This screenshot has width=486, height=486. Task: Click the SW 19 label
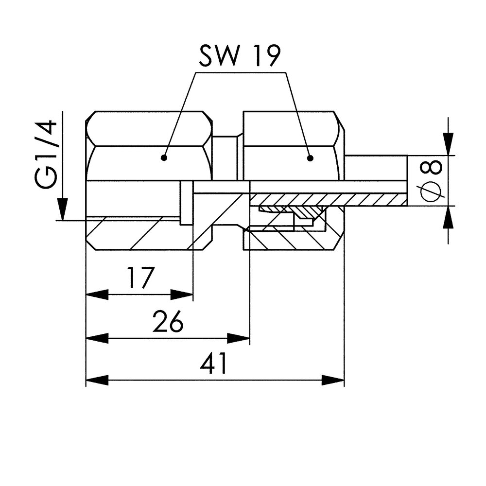(x=240, y=57)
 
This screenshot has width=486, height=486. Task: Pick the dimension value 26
(x=168, y=321)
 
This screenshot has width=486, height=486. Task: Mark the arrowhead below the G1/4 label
(x=62, y=209)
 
